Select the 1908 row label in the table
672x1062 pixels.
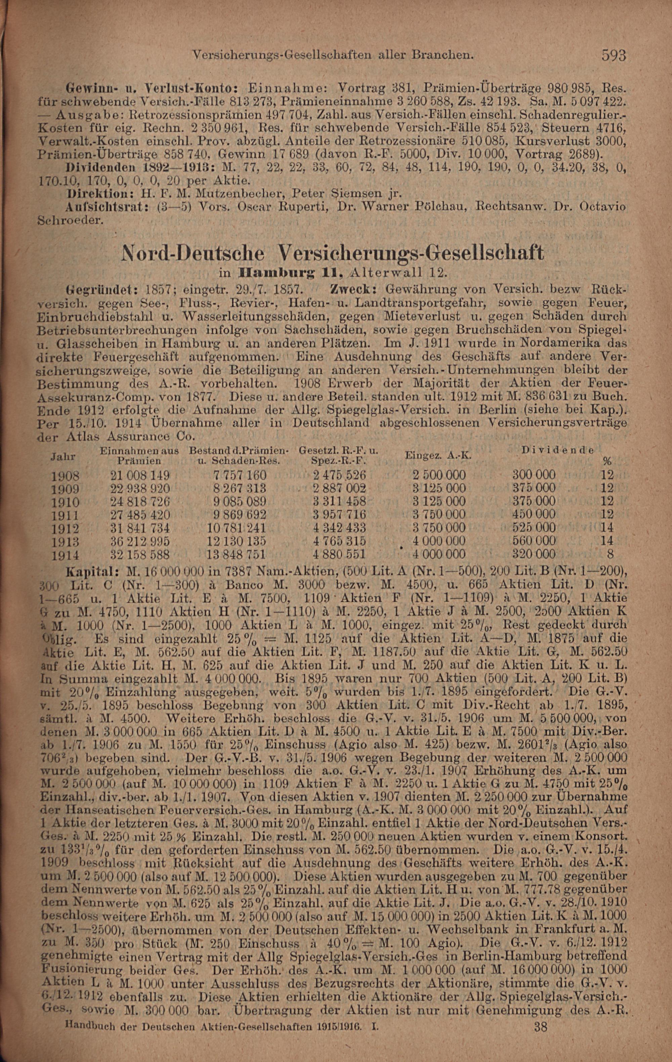65,476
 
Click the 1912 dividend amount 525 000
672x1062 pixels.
534,527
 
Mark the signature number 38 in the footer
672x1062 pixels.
541,1039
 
